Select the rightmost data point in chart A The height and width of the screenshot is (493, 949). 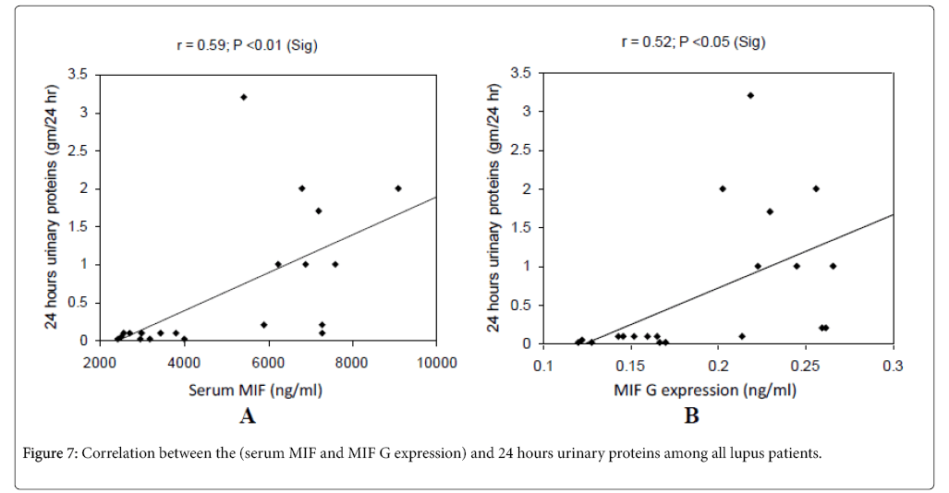point(398,188)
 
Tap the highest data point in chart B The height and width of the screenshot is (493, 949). point(750,95)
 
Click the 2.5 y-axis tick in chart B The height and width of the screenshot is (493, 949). point(524,150)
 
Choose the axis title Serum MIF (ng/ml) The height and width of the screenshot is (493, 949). point(256,390)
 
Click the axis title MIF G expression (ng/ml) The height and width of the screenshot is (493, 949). point(705,390)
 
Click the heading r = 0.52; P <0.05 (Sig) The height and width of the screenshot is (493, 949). point(693,42)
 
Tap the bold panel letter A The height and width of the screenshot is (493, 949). point(248,416)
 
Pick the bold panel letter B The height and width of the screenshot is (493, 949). point(691,416)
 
